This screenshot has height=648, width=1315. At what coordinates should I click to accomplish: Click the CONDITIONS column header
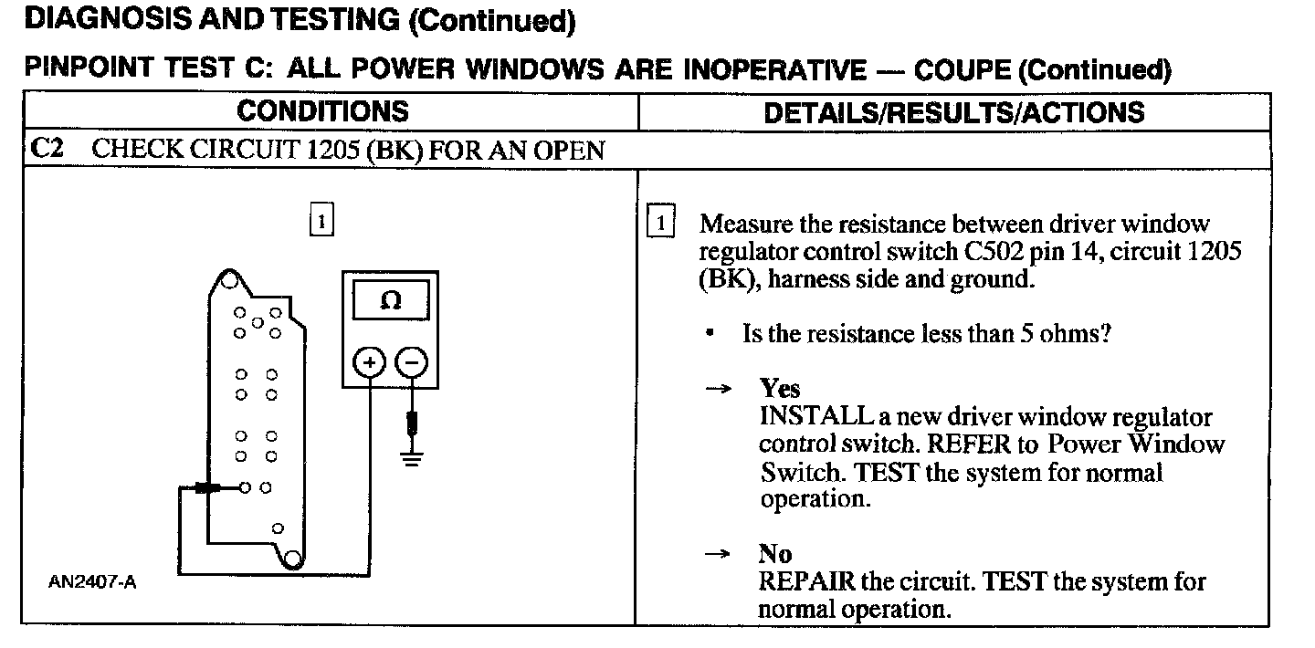[x=322, y=111]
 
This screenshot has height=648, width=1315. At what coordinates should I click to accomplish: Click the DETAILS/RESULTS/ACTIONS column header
[x=953, y=112]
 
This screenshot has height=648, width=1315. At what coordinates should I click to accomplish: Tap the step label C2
[x=47, y=149]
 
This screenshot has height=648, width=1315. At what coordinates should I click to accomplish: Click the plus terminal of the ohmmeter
[x=370, y=362]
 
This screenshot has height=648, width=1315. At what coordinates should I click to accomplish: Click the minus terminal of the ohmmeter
[x=413, y=362]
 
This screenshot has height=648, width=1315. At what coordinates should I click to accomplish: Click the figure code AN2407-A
[x=92, y=582]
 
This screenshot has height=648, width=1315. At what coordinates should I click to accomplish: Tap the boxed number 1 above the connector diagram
[x=321, y=221]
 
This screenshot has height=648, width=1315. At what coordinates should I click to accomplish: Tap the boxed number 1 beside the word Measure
[x=660, y=224]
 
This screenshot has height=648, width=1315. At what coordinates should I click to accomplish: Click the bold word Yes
[x=779, y=390]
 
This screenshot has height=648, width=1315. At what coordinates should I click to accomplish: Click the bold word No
[x=775, y=554]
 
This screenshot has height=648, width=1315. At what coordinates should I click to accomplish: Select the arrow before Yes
[x=719, y=390]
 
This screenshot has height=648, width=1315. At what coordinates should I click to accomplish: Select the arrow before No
[x=719, y=554]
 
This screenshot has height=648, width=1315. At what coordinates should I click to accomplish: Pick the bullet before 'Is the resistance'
[x=710, y=334]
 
